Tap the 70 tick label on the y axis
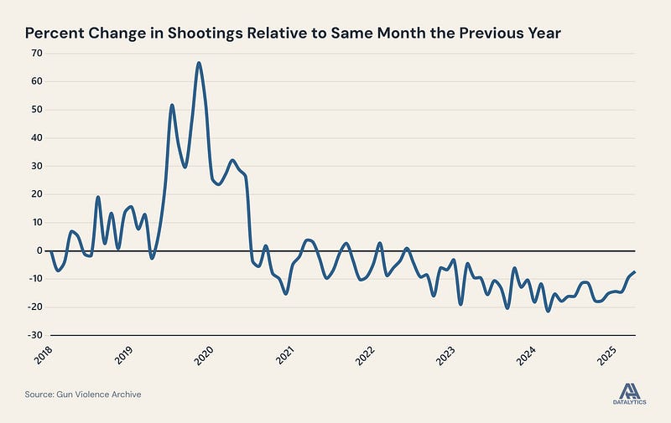36,53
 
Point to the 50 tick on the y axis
36,110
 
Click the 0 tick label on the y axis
39,250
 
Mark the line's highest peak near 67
199,63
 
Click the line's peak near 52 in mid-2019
172,106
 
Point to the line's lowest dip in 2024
548,311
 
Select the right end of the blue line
635,271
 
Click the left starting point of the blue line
50,251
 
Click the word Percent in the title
55,34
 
